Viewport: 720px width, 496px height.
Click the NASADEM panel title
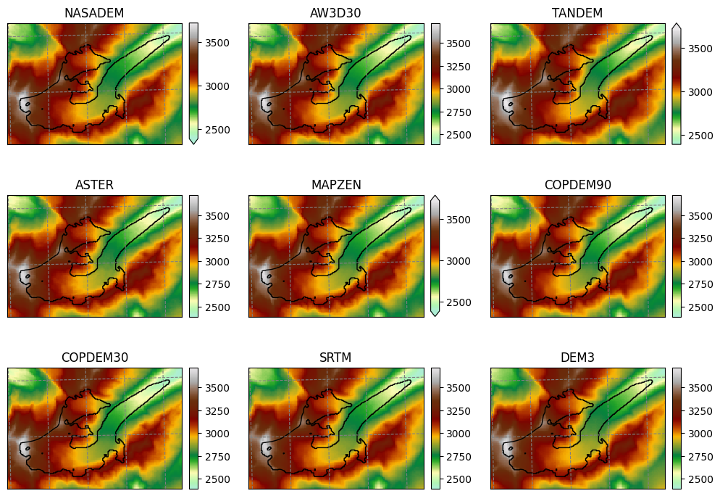93,13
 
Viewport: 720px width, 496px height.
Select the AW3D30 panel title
335,13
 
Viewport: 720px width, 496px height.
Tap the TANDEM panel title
577,13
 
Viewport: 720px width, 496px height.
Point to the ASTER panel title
93,185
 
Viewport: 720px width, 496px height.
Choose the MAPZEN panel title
335,185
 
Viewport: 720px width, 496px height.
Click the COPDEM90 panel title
577,185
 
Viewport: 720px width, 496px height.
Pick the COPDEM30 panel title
93,357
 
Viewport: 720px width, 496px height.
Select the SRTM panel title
335,357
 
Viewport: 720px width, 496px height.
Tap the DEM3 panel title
577,357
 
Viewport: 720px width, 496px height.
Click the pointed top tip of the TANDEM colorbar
677,24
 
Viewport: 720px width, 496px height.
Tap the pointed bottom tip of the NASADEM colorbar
193,143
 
